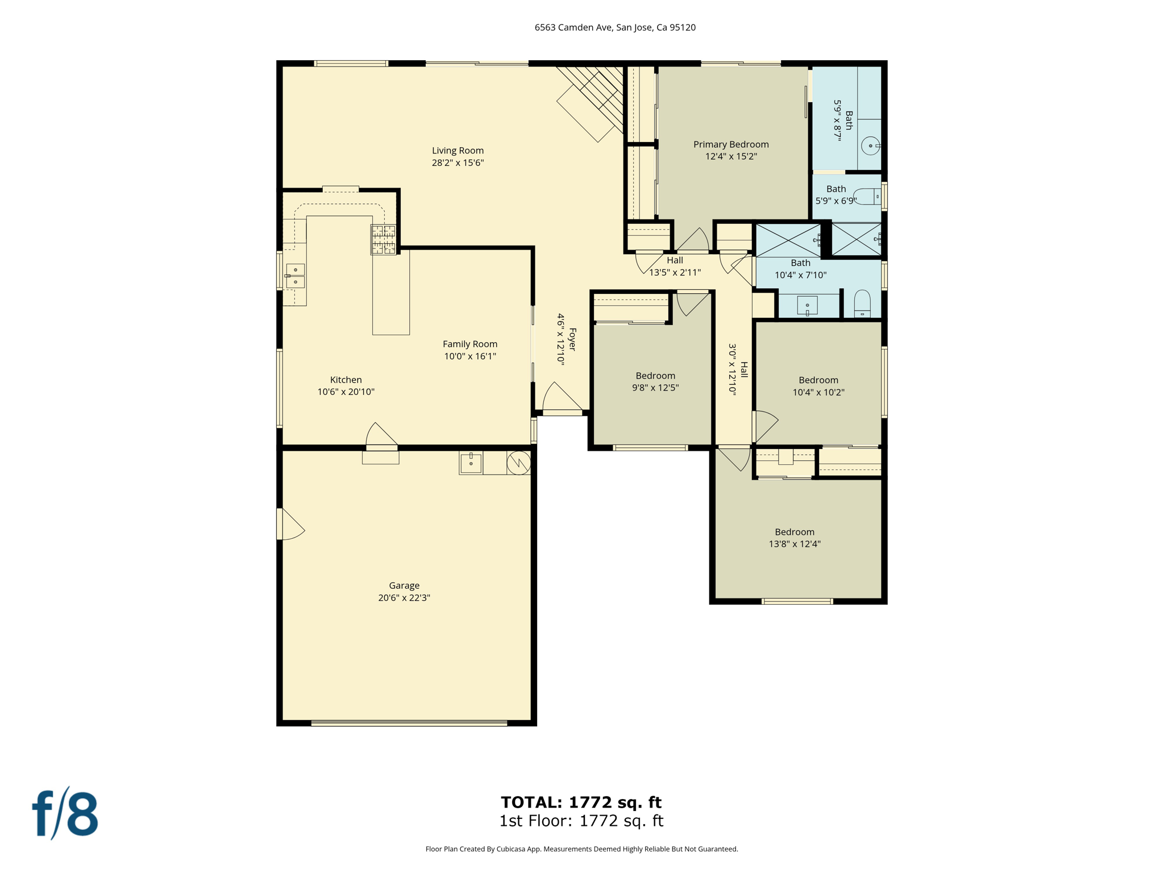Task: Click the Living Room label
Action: coord(458,151)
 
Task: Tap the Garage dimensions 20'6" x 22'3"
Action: coord(404,597)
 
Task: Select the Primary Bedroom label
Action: coord(731,144)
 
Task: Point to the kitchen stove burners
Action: coord(384,239)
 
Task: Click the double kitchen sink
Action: coord(296,276)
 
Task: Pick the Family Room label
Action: coord(470,344)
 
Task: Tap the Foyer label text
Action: coord(572,339)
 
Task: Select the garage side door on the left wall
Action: coord(290,525)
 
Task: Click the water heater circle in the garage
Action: coord(519,463)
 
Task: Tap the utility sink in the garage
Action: coord(471,463)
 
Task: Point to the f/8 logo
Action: coord(65,814)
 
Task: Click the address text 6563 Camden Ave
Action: coord(615,27)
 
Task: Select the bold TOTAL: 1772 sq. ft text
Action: coord(581,802)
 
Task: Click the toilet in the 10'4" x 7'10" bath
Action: coord(862,304)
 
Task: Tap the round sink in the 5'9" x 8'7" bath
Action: coord(870,146)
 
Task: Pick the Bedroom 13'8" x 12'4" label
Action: coord(795,532)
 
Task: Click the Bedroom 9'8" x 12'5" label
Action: coord(655,376)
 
